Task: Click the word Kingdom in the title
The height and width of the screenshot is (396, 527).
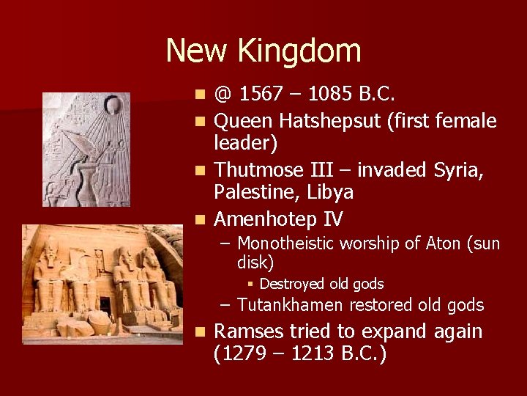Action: (x=308, y=51)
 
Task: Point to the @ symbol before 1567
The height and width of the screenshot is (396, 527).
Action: (x=223, y=95)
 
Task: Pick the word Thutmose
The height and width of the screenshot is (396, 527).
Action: (x=260, y=169)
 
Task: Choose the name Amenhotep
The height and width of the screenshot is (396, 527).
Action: (x=271, y=219)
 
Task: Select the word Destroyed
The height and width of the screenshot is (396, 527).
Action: (x=290, y=284)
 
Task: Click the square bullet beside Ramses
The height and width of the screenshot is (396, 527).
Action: (x=201, y=332)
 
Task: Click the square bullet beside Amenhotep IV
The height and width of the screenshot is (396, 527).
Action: (x=201, y=219)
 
